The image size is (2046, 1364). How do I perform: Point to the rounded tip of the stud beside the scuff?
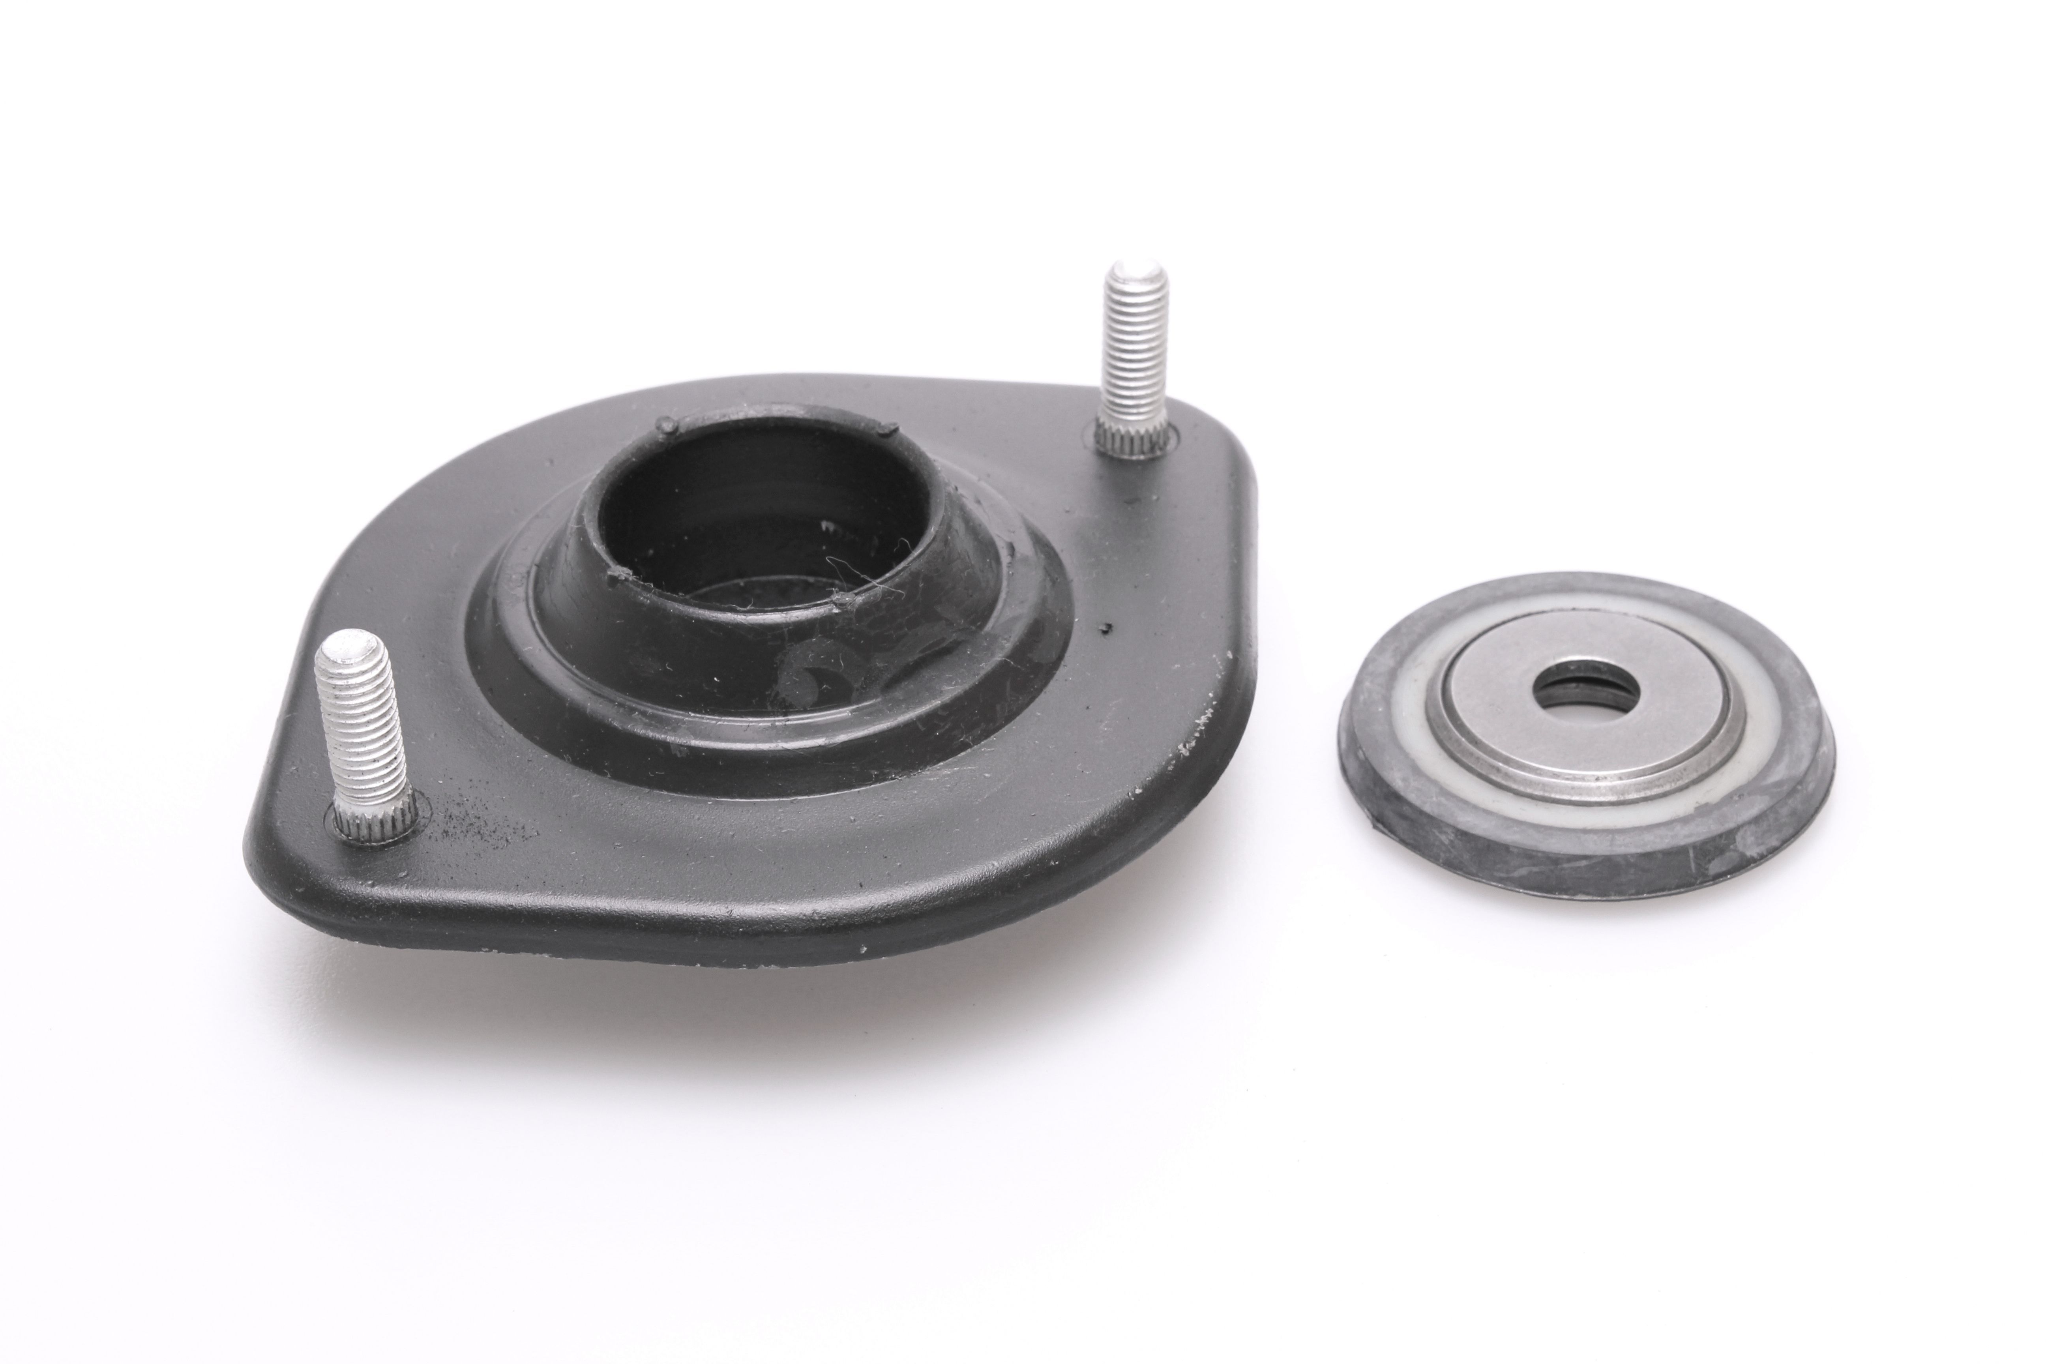[348, 648]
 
